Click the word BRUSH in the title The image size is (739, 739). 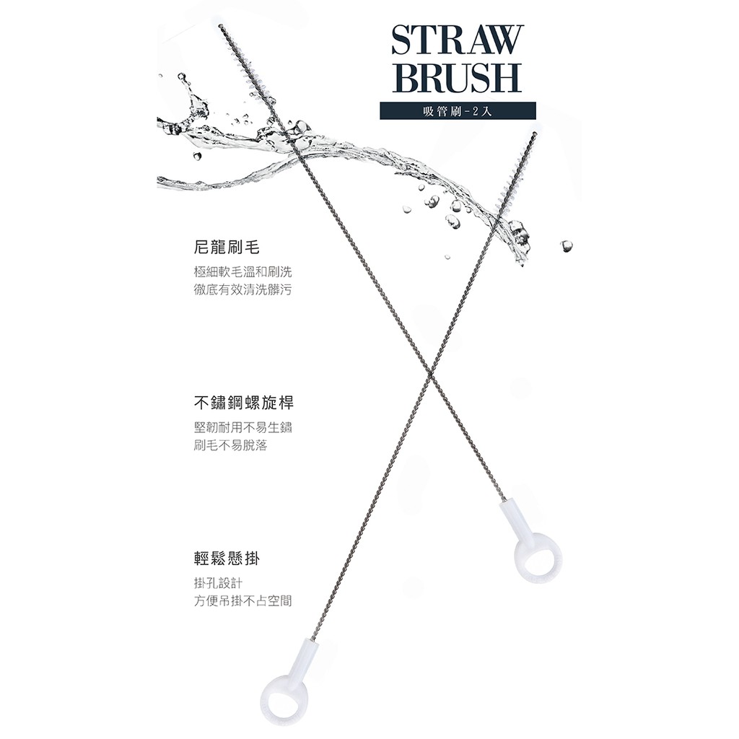click(x=455, y=77)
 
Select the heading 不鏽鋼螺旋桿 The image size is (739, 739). click(x=243, y=403)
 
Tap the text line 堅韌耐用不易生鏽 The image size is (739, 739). click(x=243, y=427)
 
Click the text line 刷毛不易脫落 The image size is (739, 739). click(x=231, y=445)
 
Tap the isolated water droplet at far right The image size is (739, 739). click(x=566, y=245)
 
